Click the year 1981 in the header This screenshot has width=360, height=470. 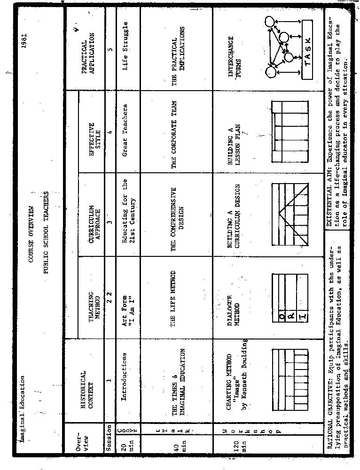click(24, 39)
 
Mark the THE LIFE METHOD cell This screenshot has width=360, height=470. click(173, 299)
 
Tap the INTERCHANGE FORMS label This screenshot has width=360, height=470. click(234, 50)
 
